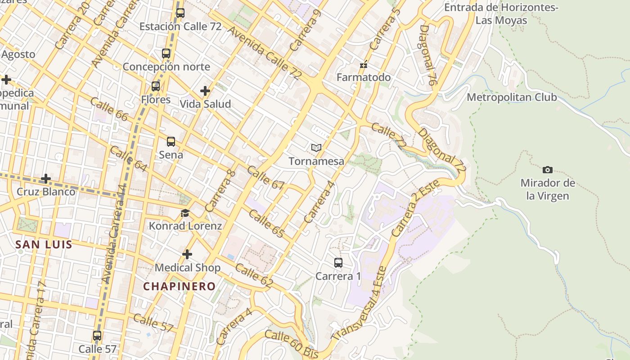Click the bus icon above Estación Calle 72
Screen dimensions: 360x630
coord(180,13)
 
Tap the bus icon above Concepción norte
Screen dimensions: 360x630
coord(166,54)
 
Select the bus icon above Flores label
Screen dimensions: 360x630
coord(156,86)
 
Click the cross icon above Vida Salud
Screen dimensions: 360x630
coord(205,91)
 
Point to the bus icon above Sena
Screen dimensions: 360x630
coord(171,142)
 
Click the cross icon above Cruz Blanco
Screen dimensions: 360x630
coord(46,179)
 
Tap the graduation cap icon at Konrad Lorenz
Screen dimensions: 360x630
coord(185,213)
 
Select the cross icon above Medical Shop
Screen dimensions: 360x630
coord(187,255)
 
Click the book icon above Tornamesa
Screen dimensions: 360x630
coord(316,148)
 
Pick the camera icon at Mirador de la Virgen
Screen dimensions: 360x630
coord(548,170)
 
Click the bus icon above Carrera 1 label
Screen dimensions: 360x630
coord(338,263)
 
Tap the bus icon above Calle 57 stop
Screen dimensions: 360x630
coord(97,336)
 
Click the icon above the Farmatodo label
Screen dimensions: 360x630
coord(364,65)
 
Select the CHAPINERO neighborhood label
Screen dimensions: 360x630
coord(180,286)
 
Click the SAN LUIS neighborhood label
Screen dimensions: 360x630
coord(44,244)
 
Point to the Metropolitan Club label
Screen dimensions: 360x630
coord(512,97)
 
